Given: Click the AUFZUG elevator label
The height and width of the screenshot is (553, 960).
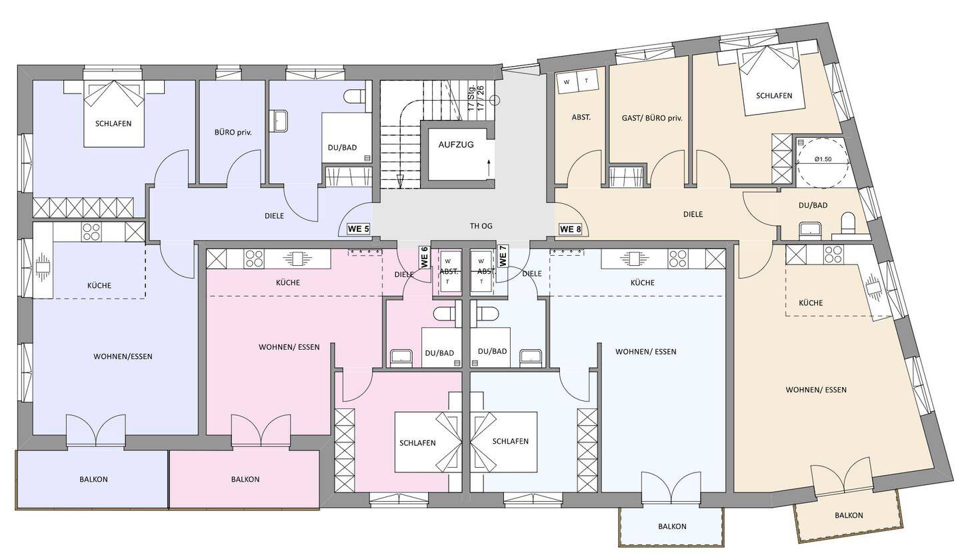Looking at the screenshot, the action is point(456,145).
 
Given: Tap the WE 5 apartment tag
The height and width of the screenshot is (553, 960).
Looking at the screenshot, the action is point(358,229).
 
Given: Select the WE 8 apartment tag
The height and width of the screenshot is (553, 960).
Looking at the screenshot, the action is point(571,230).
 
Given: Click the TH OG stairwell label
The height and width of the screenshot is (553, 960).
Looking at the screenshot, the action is point(481,226).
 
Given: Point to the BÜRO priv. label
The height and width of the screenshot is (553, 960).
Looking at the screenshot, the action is point(233,133).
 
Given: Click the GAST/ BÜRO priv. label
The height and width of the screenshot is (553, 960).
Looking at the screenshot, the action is point(652,118).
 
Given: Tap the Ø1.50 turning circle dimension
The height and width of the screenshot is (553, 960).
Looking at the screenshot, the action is point(823,159).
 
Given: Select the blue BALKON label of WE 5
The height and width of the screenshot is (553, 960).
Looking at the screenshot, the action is point(93,479).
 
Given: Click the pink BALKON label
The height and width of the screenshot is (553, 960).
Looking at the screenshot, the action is point(245,479).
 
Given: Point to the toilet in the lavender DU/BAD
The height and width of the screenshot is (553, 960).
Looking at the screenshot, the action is point(354,96).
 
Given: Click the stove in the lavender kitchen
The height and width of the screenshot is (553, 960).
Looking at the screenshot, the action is point(92,232).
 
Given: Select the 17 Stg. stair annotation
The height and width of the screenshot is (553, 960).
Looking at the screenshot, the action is point(471,99).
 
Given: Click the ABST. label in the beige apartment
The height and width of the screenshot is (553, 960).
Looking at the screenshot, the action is point(581,117).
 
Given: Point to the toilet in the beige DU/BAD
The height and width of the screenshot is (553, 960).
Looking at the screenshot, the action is point(848,224).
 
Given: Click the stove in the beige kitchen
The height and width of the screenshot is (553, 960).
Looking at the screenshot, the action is point(833,254).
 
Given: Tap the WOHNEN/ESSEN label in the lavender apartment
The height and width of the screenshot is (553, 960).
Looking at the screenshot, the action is point(123,356).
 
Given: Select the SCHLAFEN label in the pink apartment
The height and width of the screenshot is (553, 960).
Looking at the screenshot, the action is point(417,443).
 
